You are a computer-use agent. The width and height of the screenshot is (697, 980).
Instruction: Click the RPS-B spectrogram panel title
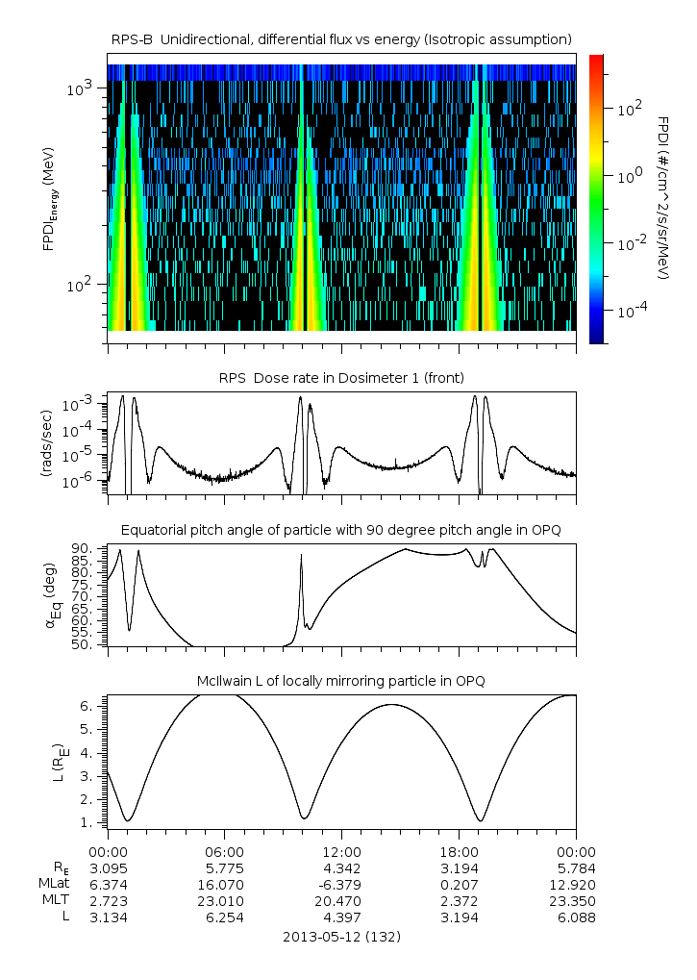coord(342,38)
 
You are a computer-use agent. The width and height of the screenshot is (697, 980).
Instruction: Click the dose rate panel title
coord(342,376)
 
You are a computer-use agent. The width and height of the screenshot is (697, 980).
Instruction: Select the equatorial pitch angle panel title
coord(342,530)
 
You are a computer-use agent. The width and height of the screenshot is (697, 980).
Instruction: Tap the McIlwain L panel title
coord(342,681)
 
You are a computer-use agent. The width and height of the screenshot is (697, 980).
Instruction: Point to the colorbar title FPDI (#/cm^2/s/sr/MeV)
coord(663,198)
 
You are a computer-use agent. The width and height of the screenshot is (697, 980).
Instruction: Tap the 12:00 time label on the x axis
coord(341,851)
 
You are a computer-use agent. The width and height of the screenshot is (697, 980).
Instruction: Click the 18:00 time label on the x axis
coord(459,851)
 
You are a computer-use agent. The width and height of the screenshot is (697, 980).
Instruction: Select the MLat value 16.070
coord(225,884)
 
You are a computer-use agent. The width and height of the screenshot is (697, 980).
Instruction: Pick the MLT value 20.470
coord(341,900)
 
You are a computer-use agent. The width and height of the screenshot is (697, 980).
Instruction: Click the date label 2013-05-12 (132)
coord(342,936)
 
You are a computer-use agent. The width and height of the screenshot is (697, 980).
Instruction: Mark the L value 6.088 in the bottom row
coord(576,917)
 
